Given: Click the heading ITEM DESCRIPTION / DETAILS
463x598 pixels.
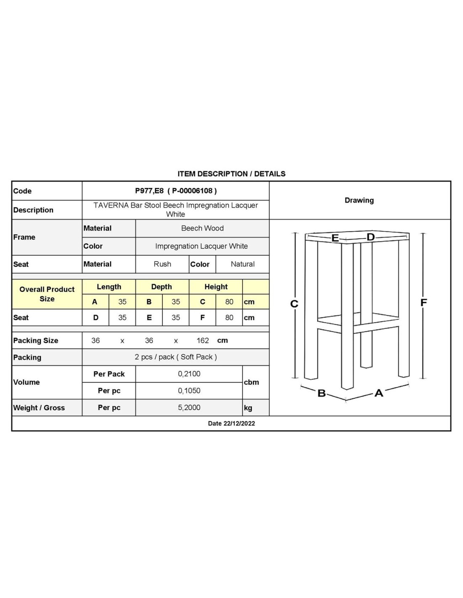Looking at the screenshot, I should [x=231, y=174].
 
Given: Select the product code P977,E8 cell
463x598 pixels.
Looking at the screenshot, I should [x=176, y=191].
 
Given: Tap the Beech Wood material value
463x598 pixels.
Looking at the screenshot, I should [x=202, y=228].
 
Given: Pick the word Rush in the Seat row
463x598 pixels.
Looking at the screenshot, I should [x=162, y=264].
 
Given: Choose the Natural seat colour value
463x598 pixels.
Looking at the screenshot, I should [x=242, y=264].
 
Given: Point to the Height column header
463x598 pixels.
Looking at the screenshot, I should [x=216, y=287].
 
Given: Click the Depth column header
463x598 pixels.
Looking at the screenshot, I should [x=161, y=287].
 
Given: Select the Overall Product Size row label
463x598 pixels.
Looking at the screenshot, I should [x=47, y=294].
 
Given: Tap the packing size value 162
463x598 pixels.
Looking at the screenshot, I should [x=202, y=340].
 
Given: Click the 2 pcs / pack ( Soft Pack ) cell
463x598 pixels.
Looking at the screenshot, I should [x=176, y=357].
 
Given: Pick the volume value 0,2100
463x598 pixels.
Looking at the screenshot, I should [x=189, y=374].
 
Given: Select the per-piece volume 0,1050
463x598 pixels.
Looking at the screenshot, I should [x=189, y=391].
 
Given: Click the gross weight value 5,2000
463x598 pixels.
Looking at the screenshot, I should [x=189, y=407].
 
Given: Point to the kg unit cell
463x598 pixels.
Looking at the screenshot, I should [x=248, y=407].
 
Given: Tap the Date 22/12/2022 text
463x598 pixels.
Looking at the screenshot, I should [x=231, y=423].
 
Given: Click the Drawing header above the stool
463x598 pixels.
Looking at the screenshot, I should [x=359, y=200].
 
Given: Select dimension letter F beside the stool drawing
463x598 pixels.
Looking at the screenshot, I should [x=423, y=302].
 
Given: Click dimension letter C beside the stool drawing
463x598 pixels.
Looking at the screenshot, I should [x=294, y=304].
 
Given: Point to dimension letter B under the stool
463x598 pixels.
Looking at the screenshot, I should [x=322, y=393].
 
